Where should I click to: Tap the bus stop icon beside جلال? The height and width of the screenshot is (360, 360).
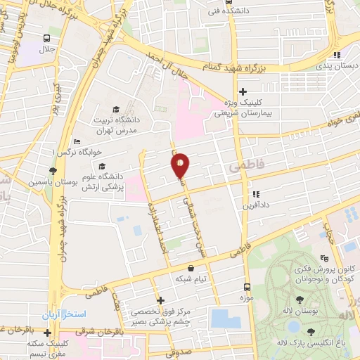pyautogui.click(x=46, y=39)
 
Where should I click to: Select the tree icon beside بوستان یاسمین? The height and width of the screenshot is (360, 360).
pyautogui.click(x=52, y=171)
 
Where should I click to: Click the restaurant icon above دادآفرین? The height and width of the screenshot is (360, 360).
pyautogui.click(x=256, y=193)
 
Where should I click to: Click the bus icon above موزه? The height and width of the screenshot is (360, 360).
pyautogui.click(x=247, y=286)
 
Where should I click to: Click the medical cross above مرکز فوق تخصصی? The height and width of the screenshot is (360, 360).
pyautogui.click(x=160, y=300)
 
